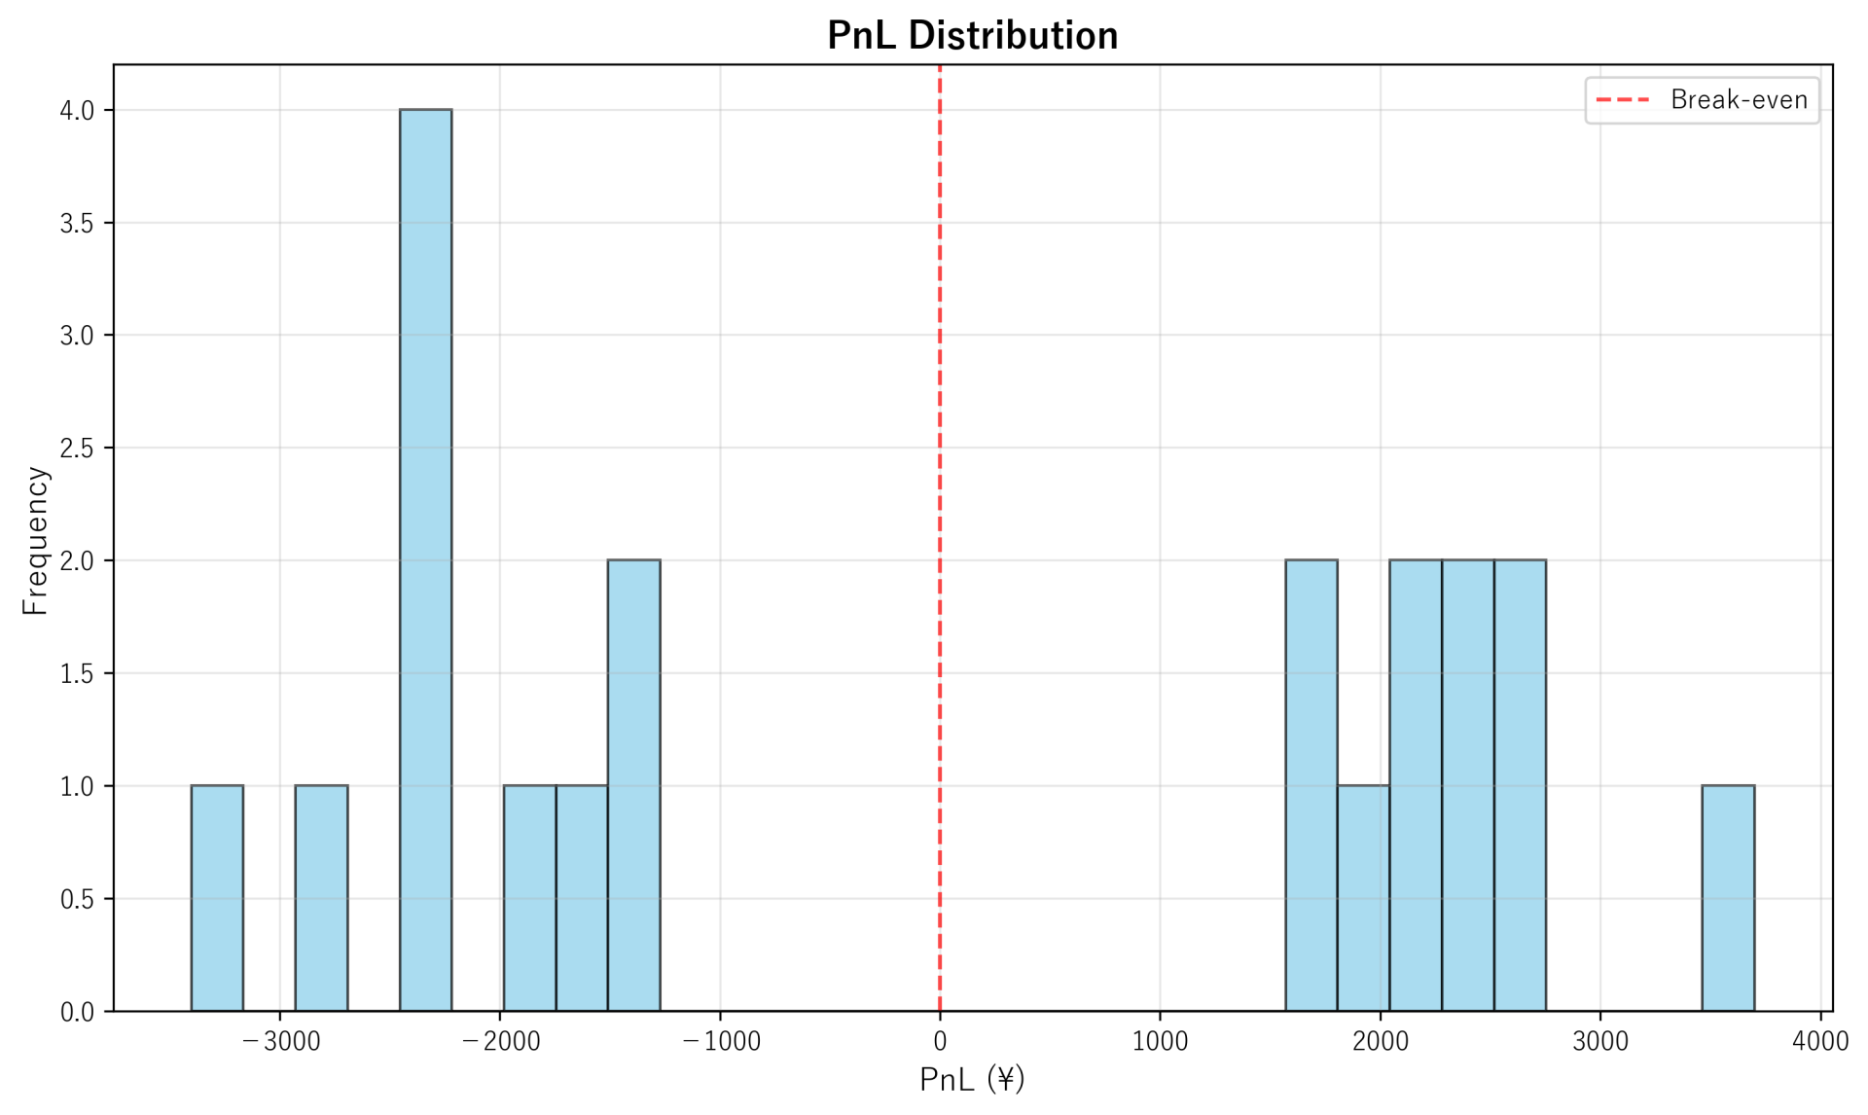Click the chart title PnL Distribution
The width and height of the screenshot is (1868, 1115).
tap(972, 36)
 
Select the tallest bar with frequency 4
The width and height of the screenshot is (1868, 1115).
tap(425, 559)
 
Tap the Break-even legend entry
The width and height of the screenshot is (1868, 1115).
tap(1703, 100)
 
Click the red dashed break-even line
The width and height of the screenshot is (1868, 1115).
tap(940, 486)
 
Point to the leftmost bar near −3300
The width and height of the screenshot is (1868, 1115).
tap(217, 897)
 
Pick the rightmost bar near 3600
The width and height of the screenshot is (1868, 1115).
tap(1728, 897)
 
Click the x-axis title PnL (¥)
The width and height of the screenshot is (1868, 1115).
tap(972, 1079)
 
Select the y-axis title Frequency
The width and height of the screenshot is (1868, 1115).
tap(35, 540)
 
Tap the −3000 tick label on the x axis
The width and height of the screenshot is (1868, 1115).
tap(280, 1042)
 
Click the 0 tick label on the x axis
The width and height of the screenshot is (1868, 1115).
tap(940, 1042)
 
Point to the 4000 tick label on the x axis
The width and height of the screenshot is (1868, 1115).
tap(1819, 1042)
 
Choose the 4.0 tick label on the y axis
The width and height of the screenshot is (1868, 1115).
tap(77, 111)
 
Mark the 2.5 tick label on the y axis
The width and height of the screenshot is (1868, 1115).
tap(77, 449)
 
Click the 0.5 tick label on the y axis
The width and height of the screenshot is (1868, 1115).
tap(77, 899)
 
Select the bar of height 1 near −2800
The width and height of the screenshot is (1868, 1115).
tap(321, 897)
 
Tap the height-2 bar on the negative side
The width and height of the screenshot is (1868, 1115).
tap(633, 785)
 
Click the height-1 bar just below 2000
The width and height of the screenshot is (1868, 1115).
tap(1363, 897)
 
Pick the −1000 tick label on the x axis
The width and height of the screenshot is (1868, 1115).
tap(721, 1042)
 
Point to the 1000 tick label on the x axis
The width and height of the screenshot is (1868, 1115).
tap(1160, 1042)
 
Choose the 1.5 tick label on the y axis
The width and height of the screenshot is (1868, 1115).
tap(77, 674)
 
